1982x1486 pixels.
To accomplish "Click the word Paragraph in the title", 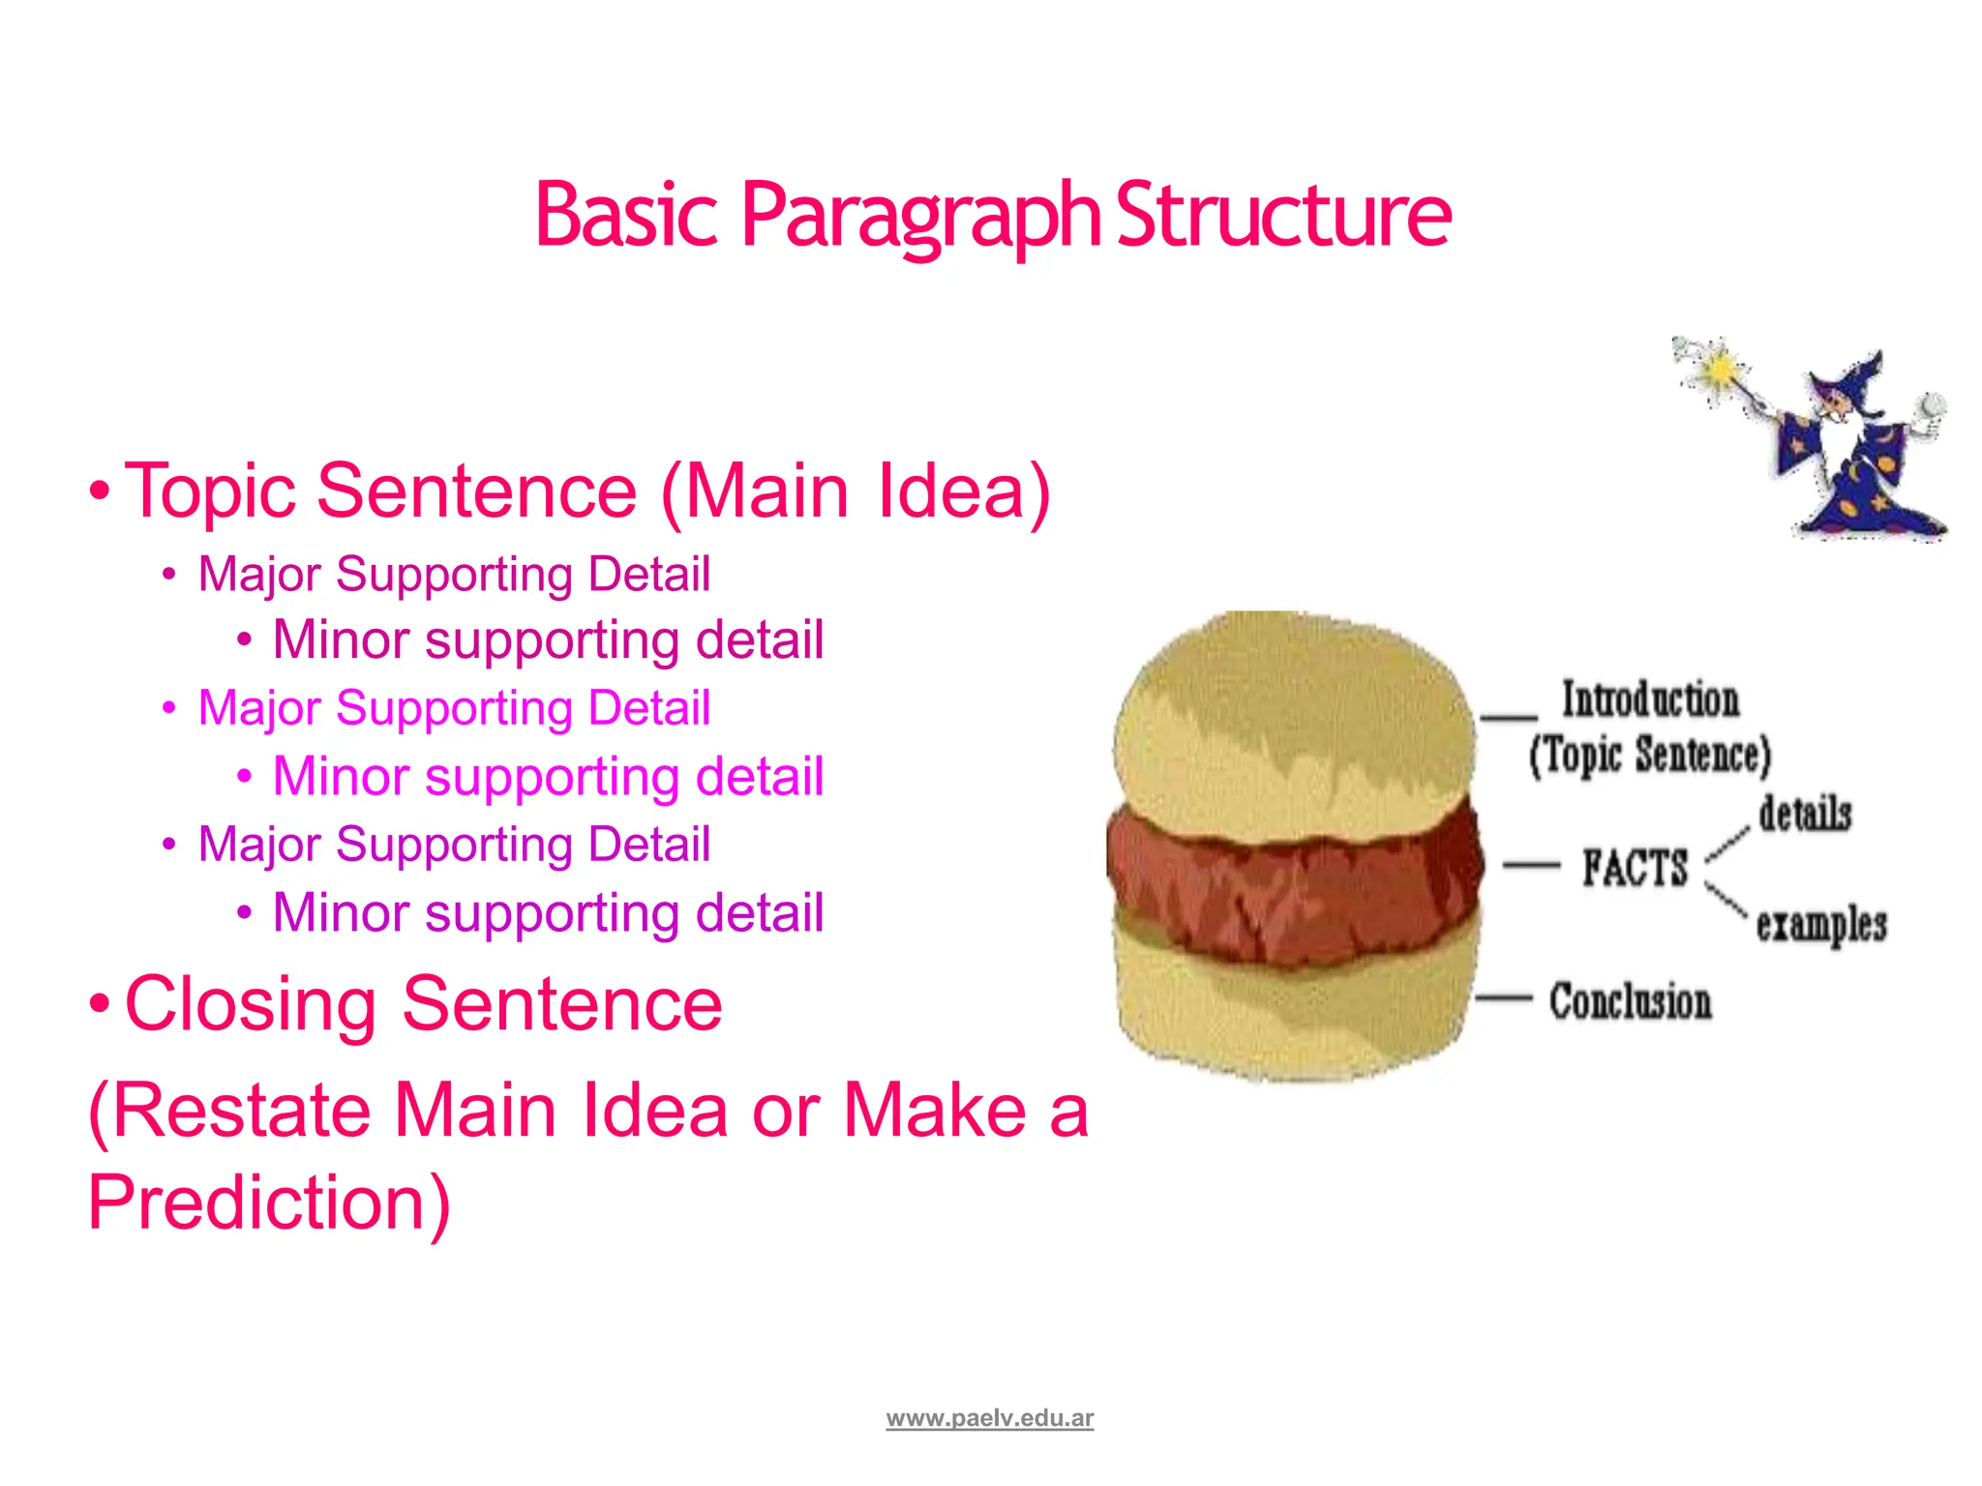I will click(x=919, y=215).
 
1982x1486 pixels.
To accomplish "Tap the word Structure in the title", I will click(x=1283, y=215).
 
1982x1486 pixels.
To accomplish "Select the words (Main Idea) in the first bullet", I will click(x=856, y=491).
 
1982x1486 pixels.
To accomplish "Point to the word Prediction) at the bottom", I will click(x=269, y=1202).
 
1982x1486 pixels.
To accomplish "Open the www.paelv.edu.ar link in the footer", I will click(x=989, y=1418).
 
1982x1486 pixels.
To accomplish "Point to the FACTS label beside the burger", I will click(x=1635, y=867).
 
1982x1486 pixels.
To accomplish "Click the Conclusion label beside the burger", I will click(x=1630, y=1001).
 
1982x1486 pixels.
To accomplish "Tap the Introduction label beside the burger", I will click(x=1650, y=699).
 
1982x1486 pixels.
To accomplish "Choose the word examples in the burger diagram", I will click(x=1821, y=924).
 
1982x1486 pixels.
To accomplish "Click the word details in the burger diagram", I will click(x=1805, y=813).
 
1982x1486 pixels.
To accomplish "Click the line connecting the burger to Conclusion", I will click(x=1504, y=997).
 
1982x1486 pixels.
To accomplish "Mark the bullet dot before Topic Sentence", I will click(x=99, y=491).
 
